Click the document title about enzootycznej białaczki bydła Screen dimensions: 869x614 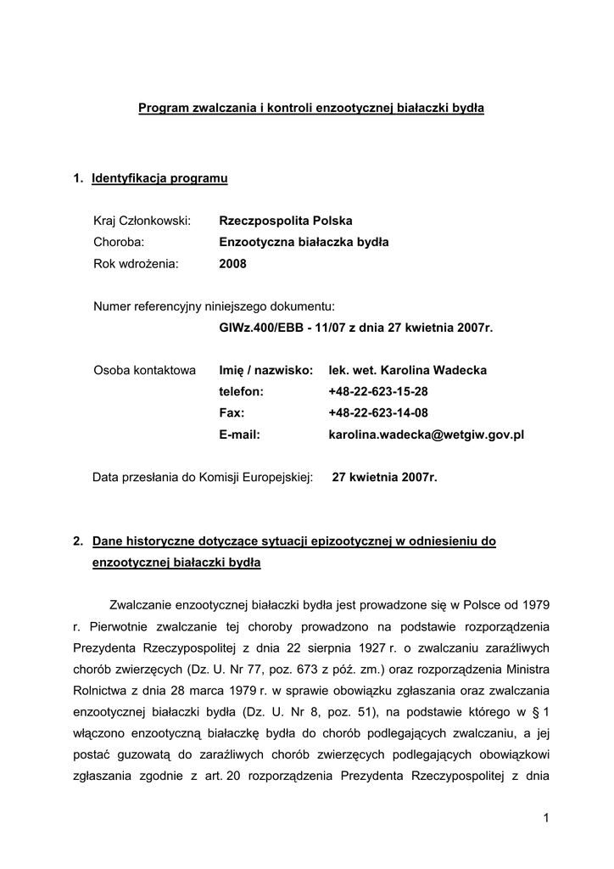point(311,109)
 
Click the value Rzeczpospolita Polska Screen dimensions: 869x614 point(286,221)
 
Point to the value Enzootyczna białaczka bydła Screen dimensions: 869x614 point(304,242)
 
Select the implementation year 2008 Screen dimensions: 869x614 point(232,263)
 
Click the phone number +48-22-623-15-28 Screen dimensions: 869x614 point(378,391)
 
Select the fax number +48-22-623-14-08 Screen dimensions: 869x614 point(378,412)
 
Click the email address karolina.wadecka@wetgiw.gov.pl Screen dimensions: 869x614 point(426,434)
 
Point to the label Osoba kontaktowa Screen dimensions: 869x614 point(144,370)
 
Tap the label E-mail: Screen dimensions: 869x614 point(239,434)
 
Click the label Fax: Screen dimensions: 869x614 point(232,412)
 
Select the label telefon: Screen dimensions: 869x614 point(241,391)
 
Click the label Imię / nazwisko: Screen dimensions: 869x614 point(266,370)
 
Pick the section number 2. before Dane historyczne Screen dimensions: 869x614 point(78,541)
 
